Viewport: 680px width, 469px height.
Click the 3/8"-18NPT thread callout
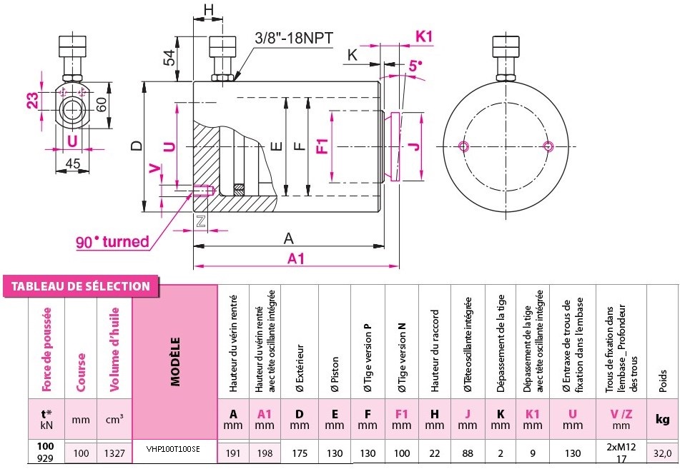[x=293, y=37]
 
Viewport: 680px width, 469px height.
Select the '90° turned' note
[x=113, y=242]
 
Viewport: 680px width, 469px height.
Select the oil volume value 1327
[x=114, y=453]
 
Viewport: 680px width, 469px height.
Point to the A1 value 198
[x=265, y=453]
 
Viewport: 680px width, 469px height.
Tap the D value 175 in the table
[x=299, y=453]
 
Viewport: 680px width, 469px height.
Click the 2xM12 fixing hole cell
[x=620, y=447]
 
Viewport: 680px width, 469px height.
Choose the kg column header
[x=661, y=420]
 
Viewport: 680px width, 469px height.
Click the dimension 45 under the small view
[x=72, y=163]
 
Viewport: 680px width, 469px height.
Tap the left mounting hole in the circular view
[x=464, y=146]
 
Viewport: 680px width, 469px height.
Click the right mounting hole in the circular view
[x=548, y=146]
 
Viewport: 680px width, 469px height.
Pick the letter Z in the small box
[x=201, y=222]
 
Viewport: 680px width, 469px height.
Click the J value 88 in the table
[x=468, y=453]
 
